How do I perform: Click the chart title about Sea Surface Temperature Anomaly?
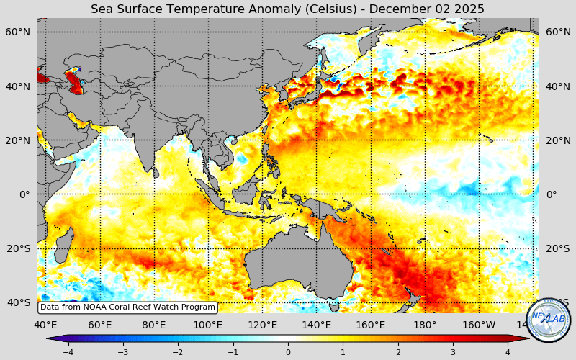287,9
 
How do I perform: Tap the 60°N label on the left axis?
18,32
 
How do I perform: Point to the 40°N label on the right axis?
557,86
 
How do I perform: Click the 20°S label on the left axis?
18,248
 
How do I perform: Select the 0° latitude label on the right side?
552,194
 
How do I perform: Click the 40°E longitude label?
46,325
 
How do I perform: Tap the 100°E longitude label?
208,325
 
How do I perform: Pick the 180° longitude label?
425,325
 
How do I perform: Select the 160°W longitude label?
479,325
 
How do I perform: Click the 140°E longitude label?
316,325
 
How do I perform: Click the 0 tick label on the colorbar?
288,352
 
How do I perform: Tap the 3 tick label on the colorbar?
453,352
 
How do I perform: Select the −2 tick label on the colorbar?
178,352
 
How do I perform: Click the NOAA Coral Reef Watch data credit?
127,307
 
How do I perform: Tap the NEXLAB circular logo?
549,319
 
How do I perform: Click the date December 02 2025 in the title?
433,9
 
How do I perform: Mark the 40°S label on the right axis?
557,302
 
